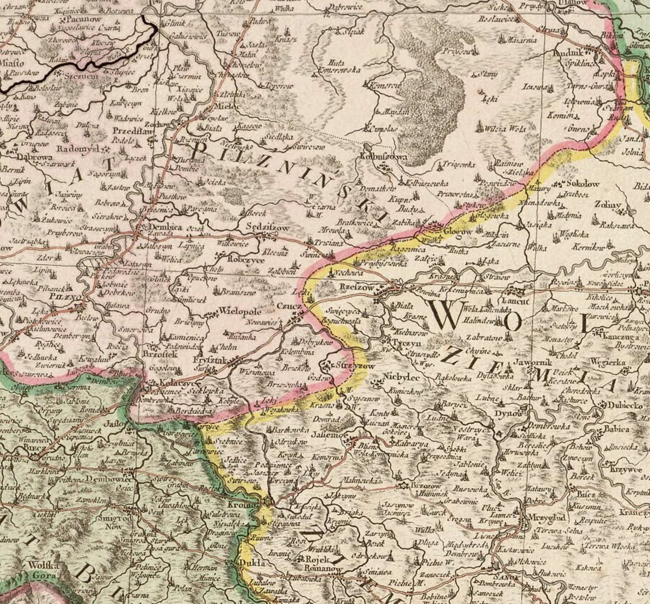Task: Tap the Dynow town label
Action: point(509,413)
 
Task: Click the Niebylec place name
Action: point(400,377)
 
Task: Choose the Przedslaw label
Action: point(132,131)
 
